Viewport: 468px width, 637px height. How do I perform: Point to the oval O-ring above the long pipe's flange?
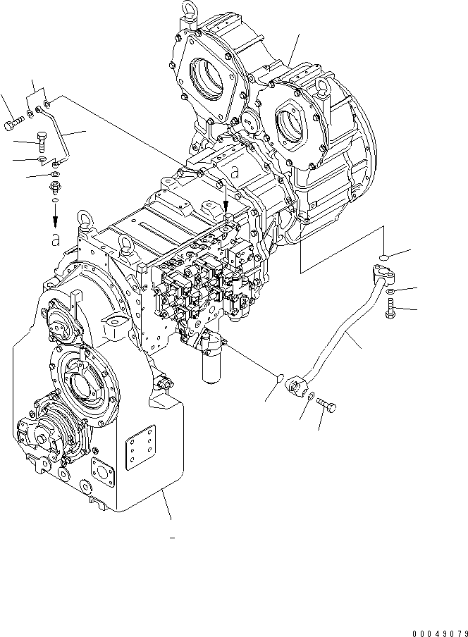(382, 255)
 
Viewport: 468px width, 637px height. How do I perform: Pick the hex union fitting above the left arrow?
(54, 189)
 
